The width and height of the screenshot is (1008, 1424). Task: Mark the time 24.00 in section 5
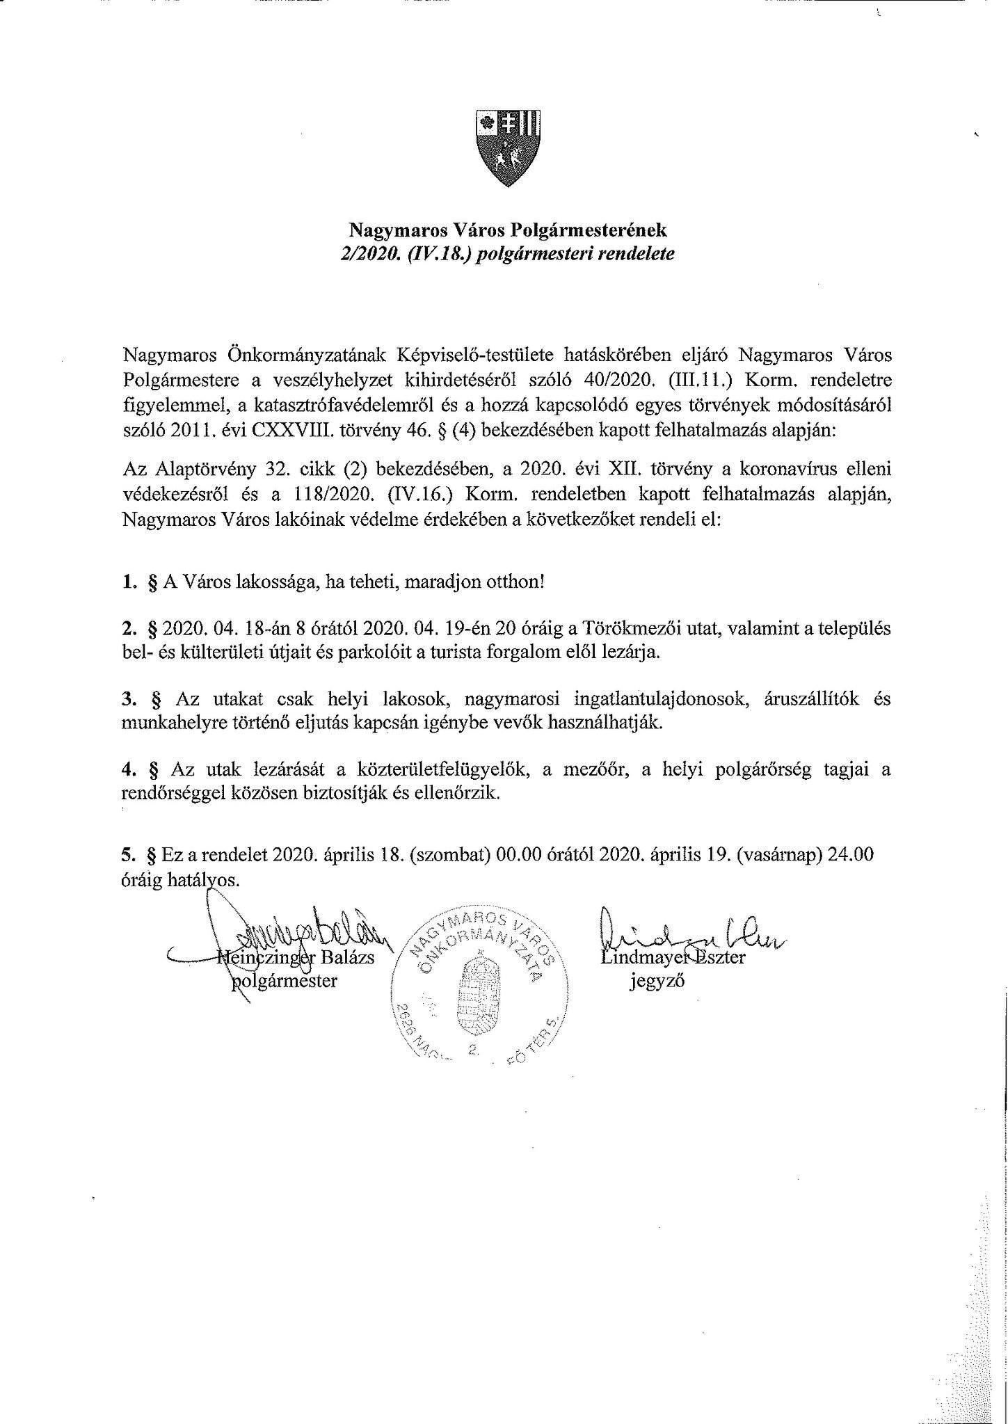pyautogui.click(x=851, y=856)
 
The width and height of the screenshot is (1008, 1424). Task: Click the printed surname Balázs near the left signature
pyautogui.click(x=347, y=958)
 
